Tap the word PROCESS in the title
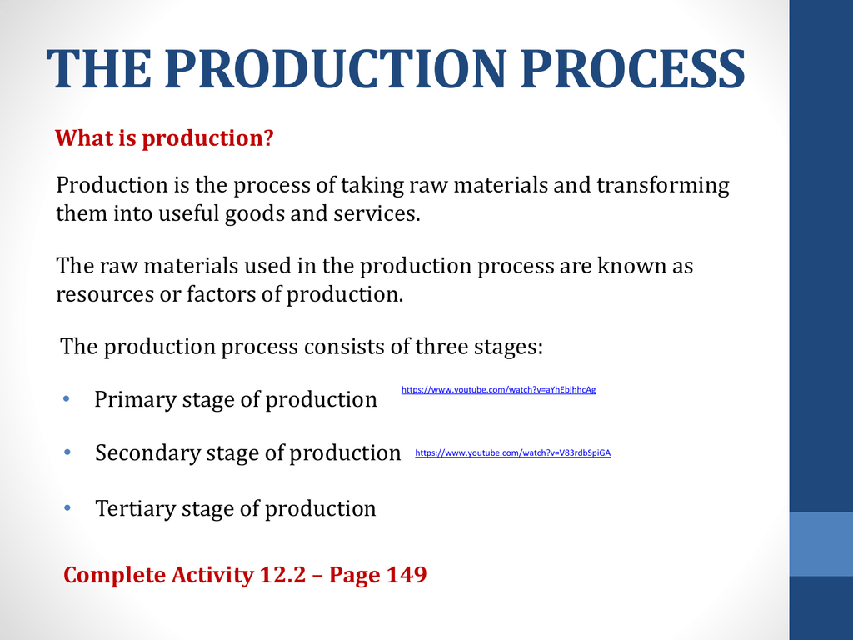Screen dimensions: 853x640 633,69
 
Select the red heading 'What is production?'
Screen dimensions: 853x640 164,138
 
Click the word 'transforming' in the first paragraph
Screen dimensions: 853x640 662,186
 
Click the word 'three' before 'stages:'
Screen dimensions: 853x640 441,346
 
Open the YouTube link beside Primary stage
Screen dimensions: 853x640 498,390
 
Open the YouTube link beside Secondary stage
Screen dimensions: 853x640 512,452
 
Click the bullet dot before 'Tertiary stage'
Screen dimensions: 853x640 67,507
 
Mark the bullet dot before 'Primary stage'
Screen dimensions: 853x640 67,398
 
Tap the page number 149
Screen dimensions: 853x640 407,575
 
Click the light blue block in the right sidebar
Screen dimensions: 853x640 821,543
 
